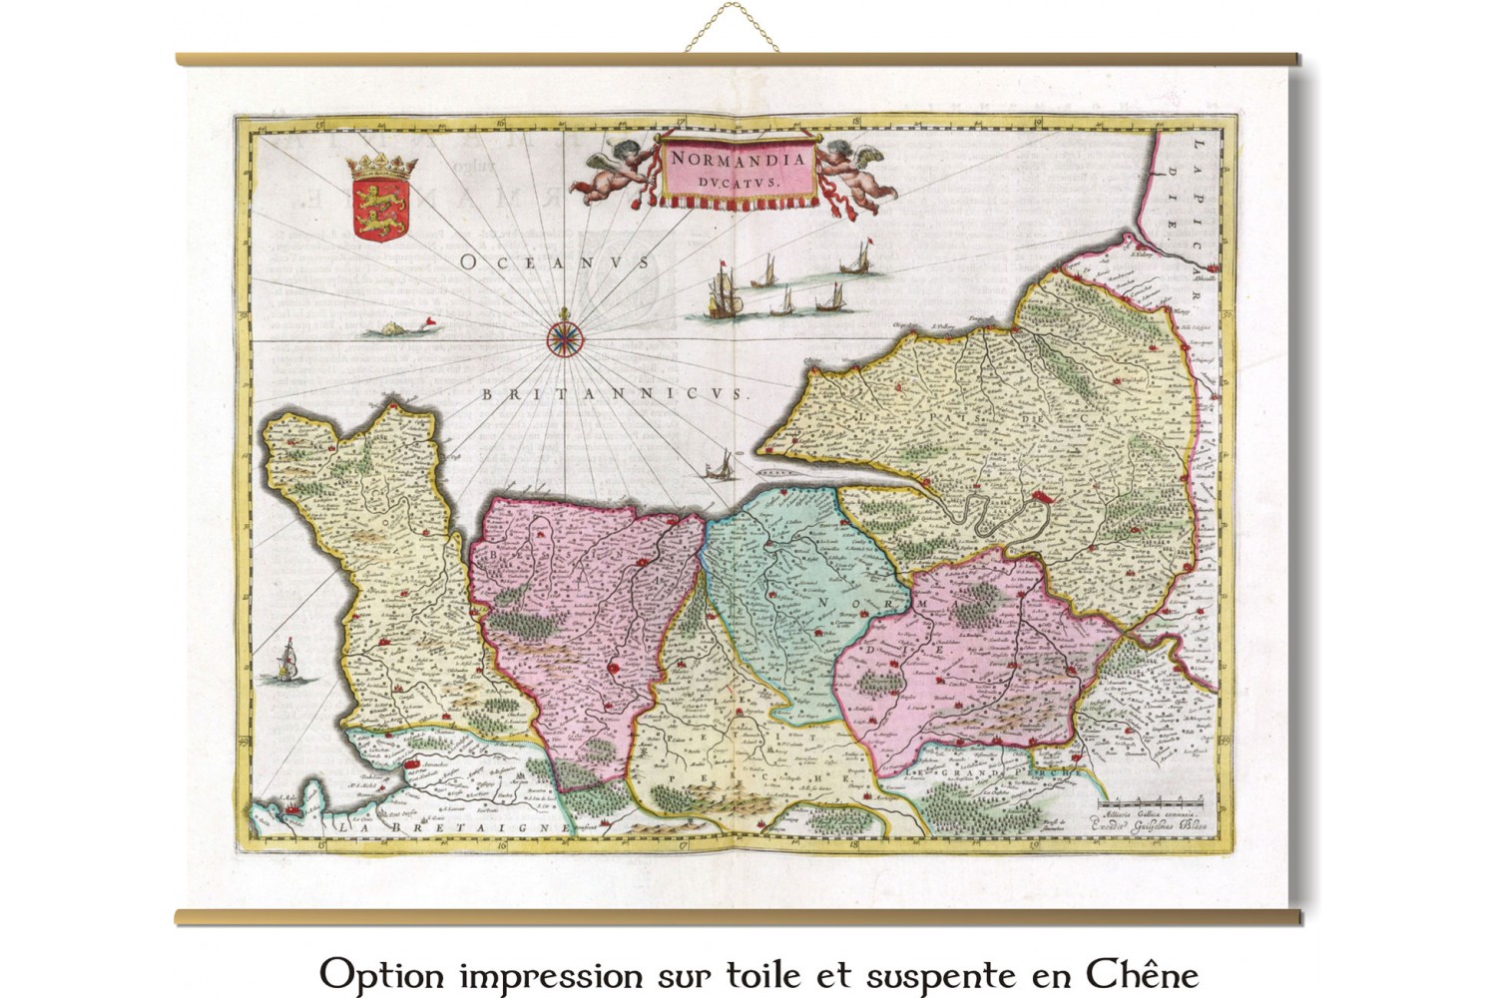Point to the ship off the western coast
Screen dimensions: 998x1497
click(288, 660)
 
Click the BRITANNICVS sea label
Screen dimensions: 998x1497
click(615, 394)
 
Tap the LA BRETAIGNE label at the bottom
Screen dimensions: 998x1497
click(452, 827)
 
